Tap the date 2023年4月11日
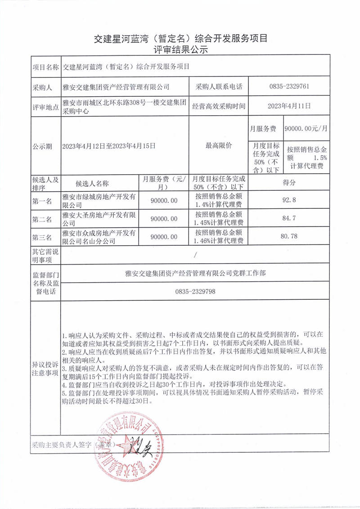289,106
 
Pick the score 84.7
289,219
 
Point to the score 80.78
289,236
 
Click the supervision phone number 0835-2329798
195,292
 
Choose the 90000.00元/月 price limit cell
306,128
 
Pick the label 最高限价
219,145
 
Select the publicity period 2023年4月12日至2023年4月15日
109,145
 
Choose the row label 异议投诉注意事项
45,369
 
